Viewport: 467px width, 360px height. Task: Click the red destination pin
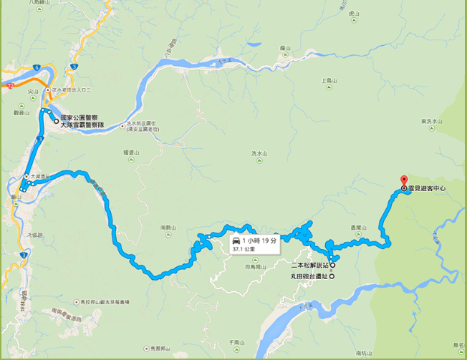[x=403, y=181]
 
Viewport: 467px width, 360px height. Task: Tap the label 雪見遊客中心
[x=428, y=189]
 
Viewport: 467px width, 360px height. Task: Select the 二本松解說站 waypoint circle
[x=332, y=264]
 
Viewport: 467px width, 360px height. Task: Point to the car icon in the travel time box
[x=236, y=240]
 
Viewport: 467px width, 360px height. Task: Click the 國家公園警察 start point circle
[x=57, y=122]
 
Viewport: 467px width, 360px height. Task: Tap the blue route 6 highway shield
[x=35, y=67]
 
